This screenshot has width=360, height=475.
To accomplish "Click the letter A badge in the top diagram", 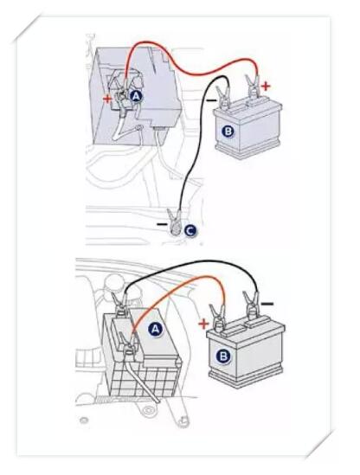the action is [136, 96].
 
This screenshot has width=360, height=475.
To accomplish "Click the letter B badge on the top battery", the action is [228, 132].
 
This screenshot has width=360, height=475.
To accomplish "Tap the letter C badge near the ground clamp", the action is [190, 231].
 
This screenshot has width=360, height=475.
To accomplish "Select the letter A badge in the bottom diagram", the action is [155, 329].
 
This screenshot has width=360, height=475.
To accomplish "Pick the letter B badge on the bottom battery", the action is [223, 356].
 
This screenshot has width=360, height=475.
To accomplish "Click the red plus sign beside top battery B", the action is [266, 87].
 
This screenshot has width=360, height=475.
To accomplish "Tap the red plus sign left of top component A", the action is [107, 99].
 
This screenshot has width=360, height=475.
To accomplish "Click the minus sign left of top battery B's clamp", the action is [211, 99].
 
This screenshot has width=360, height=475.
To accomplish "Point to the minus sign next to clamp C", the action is [162, 224].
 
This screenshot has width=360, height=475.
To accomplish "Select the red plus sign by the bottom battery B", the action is [203, 324].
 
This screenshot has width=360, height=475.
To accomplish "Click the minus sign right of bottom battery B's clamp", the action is [267, 304].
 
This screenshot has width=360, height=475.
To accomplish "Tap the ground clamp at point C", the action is [176, 221].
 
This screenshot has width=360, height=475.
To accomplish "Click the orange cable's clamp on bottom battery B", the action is [217, 318].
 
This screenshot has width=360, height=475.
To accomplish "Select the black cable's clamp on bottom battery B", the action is [250, 305].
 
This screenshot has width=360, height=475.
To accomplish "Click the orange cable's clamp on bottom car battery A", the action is [128, 344].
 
